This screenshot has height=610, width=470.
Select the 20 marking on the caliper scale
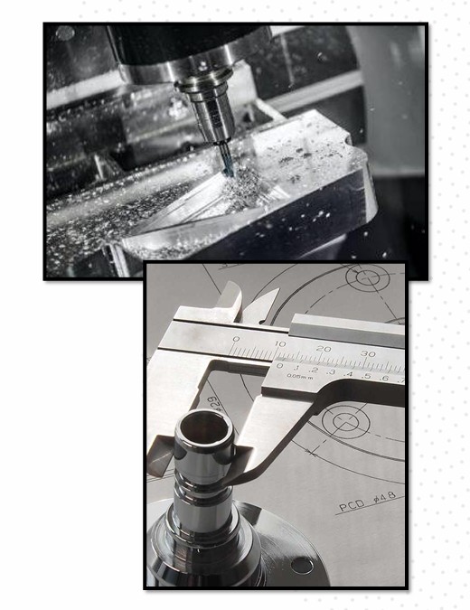323,349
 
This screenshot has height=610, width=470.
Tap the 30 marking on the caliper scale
366,352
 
